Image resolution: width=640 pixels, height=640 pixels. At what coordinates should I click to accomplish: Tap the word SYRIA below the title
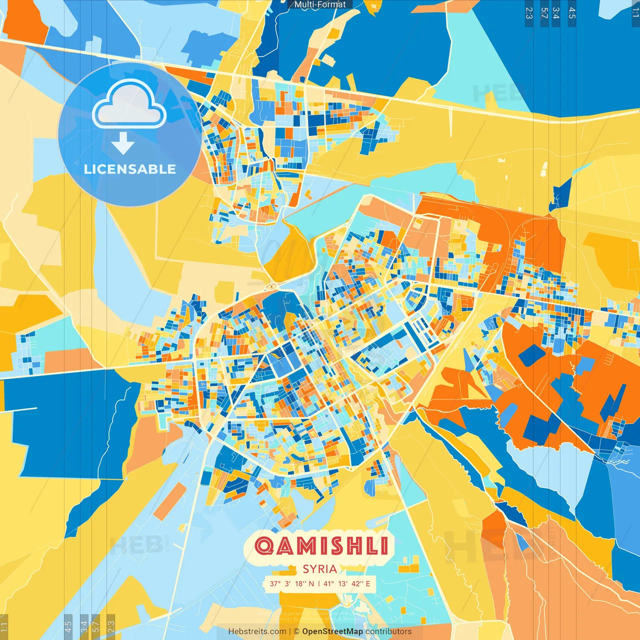[x=319, y=569]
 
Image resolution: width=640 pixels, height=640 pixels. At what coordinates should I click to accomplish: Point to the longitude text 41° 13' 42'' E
[x=347, y=583]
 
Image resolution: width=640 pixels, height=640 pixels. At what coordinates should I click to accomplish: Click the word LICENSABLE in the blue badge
[x=130, y=169]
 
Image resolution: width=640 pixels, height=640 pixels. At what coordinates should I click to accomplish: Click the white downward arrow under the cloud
[x=123, y=143]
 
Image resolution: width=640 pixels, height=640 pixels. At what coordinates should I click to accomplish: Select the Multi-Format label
[x=320, y=4]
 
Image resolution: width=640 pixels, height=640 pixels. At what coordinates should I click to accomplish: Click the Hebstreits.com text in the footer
[x=257, y=631]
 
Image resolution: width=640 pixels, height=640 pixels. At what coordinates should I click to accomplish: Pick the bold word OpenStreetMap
[x=332, y=631]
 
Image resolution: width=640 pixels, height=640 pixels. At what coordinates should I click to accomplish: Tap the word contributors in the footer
[x=388, y=631]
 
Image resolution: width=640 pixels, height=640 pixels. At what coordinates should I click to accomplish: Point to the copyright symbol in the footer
[x=296, y=631]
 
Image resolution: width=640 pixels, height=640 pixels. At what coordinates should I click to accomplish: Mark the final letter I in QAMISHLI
[x=384, y=545]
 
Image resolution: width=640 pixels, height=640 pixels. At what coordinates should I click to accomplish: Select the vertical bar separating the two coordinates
[x=319, y=583]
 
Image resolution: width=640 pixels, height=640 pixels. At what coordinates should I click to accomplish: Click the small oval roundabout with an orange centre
[x=272, y=286]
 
